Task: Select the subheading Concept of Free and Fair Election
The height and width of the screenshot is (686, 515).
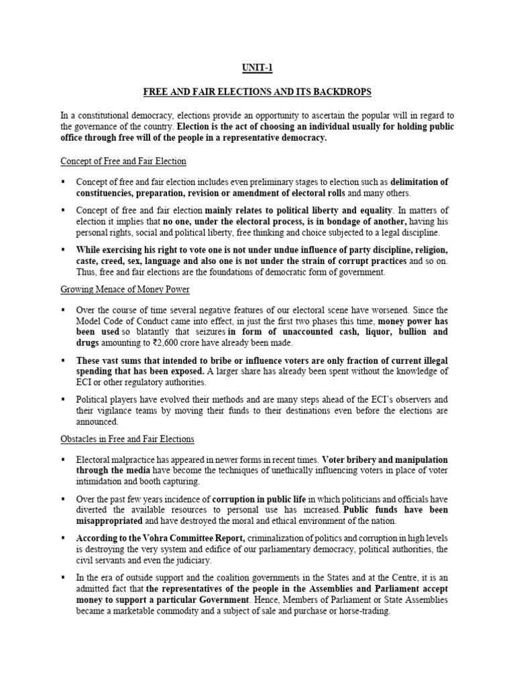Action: [123, 161]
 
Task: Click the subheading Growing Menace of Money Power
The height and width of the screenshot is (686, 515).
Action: [125, 290]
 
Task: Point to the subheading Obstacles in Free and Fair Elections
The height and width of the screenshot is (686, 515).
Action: [127, 439]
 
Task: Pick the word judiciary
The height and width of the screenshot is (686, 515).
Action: [190, 560]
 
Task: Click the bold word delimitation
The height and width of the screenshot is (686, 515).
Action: [419, 182]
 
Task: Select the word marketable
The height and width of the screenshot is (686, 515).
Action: [134, 612]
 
